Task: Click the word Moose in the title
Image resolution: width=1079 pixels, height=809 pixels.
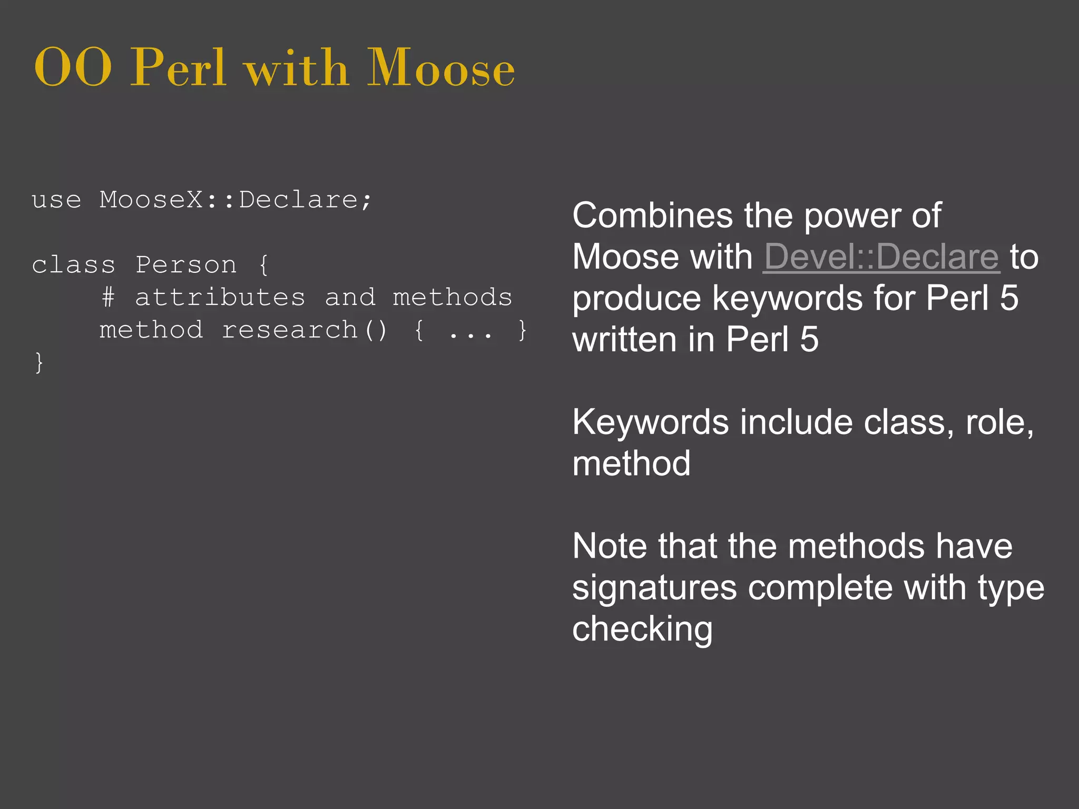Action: coord(440,68)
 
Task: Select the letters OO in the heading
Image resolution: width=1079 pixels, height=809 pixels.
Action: coord(73,68)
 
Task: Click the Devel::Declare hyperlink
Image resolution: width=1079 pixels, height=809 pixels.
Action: coord(881,257)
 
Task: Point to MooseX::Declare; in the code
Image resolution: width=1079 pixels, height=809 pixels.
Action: coord(236,200)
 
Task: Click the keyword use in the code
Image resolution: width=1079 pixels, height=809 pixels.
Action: coord(56,200)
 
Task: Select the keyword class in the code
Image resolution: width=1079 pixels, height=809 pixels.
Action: coord(73,265)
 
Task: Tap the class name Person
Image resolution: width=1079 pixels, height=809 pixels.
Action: coord(186,265)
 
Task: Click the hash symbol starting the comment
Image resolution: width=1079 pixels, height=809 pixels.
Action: coord(108,298)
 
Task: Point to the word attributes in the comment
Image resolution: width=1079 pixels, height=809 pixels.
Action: coord(220,298)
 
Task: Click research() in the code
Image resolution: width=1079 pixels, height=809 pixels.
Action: coord(304,330)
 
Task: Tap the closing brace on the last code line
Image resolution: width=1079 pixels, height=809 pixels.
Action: coord(39,363)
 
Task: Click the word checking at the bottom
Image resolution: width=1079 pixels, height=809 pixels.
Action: coord(642,629)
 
